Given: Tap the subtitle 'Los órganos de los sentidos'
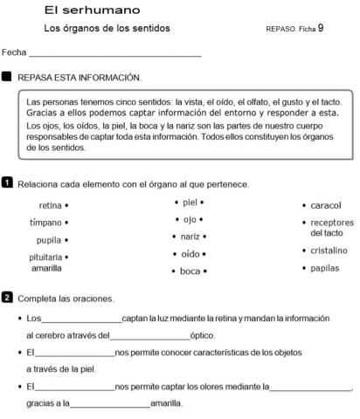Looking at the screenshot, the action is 107,29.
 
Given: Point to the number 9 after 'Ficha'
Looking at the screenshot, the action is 321,28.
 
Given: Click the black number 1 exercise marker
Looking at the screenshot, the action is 7,183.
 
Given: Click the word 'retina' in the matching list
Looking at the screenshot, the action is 51,206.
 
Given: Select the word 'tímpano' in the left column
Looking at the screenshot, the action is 45,223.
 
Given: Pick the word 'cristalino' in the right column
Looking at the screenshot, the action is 329,251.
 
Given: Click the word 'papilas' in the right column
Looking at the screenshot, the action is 325,268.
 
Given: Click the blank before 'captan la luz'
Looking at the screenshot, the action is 81,319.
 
